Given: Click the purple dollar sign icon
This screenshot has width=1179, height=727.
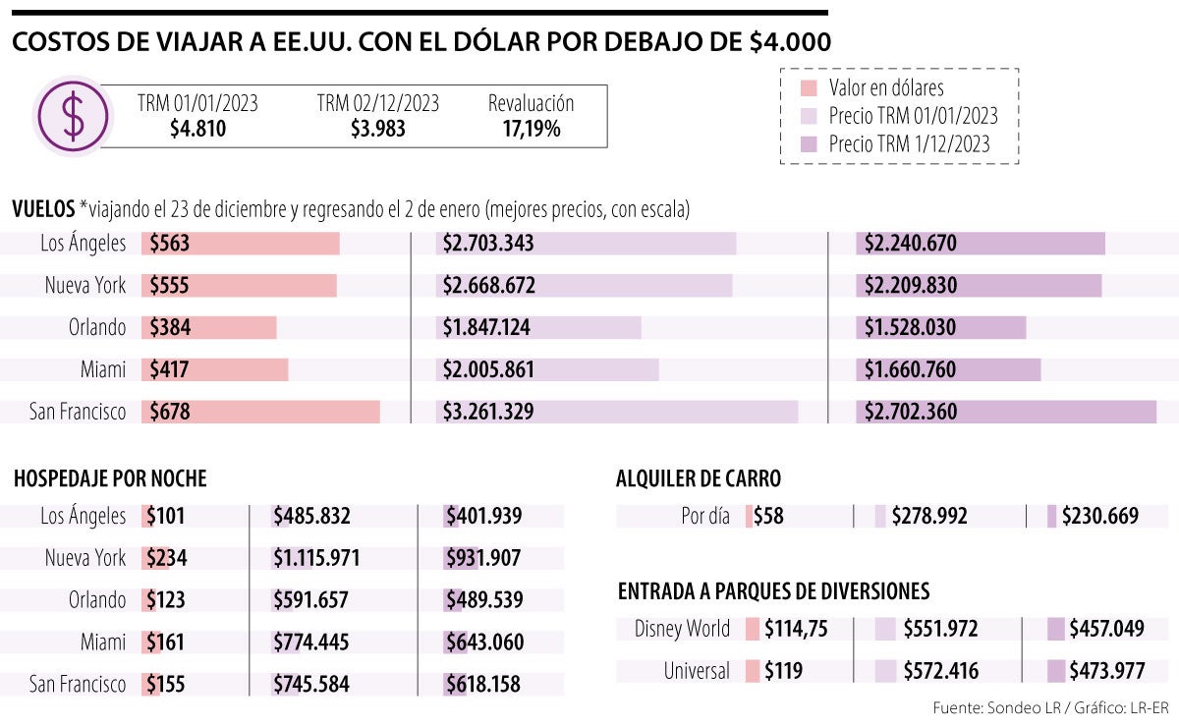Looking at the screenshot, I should pos(73,115).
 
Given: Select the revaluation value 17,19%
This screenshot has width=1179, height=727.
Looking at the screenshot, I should pos(531,129).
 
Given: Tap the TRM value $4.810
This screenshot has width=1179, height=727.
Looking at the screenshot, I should pos(197,129).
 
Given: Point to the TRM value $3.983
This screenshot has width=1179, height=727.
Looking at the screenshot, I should pos(377,129).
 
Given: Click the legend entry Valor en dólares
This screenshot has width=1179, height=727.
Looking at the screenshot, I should pos(885,87).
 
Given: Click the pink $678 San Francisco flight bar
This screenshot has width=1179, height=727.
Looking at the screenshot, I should pos(261,412).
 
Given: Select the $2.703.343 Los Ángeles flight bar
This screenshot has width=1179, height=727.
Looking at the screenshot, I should pos(586,244).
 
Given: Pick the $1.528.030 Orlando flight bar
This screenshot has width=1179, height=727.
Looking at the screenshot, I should pos(940,327).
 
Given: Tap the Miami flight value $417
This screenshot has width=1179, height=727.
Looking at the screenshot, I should pos(169,370).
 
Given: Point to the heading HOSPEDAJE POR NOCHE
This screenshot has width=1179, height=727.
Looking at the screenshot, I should pos(110,478).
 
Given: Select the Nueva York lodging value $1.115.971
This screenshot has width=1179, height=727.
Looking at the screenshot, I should pos(316,558).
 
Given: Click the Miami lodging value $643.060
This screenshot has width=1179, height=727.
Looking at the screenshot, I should pos(484,643).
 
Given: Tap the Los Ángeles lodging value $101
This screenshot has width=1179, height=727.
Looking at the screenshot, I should pos(165,516).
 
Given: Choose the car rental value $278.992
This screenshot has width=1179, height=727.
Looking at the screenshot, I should pos(929,516).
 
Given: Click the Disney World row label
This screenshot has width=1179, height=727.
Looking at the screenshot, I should pos(682,629).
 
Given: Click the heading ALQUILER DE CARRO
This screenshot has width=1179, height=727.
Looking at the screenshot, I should pos(699,478).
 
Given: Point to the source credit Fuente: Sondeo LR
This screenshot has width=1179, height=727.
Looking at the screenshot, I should pos(998,707).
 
